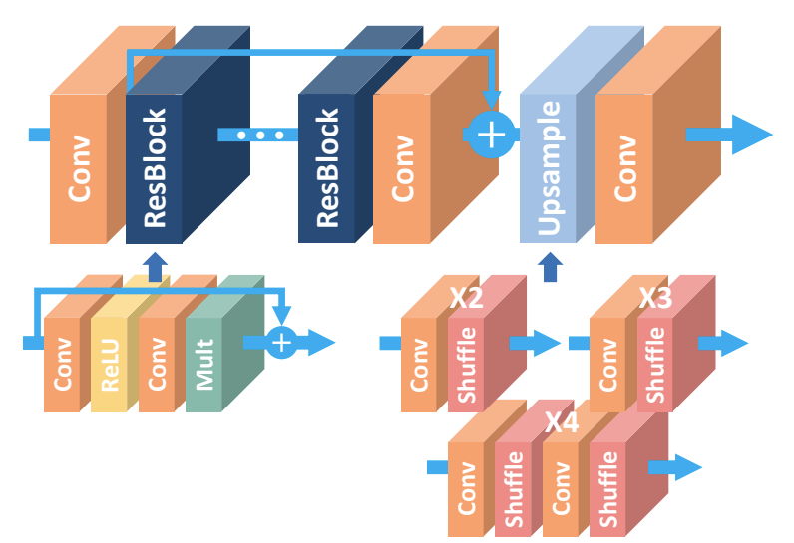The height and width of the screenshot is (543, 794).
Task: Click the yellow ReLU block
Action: [x=110, y=364]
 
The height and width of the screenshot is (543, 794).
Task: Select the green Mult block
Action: [x=203, y=364]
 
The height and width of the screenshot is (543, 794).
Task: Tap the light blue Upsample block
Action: [x=548, y=168]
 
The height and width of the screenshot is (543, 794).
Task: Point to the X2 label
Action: [x=467, y=298]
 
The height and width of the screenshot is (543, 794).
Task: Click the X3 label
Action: [x=655, y=298]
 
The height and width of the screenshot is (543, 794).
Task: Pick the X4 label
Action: [x=561, y=422]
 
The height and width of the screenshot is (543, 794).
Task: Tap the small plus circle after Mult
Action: [x=281, y=343]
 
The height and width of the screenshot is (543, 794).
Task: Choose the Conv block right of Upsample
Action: [x=624, y=168]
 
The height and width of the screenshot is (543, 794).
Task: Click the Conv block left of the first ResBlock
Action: [x=78, y=168]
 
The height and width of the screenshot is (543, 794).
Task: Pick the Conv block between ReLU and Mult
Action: [x=157, y=364]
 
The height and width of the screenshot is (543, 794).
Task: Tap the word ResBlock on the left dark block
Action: [x=155, y=168]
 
